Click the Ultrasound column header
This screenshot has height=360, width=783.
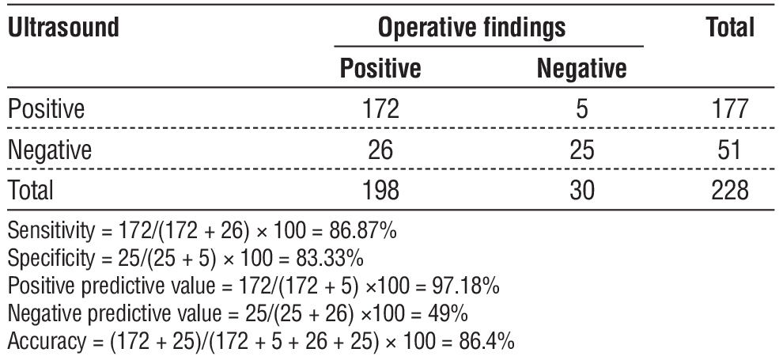coord(63,28)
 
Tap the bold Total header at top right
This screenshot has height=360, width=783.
coord(730,28)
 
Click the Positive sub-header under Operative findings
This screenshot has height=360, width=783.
coord(380,69)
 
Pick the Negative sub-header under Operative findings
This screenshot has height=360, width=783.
coord(581,69)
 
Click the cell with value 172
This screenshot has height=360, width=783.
coord(380,108)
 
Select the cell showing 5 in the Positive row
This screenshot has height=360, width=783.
coord(581,108)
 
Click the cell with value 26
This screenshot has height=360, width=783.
coord(380,149)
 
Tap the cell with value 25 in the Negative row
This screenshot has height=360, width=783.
coord(581,149)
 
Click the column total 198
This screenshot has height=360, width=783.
coord(380,191)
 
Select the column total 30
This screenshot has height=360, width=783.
coord(581,191)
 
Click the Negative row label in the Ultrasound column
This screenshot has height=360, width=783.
coord(50,149)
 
